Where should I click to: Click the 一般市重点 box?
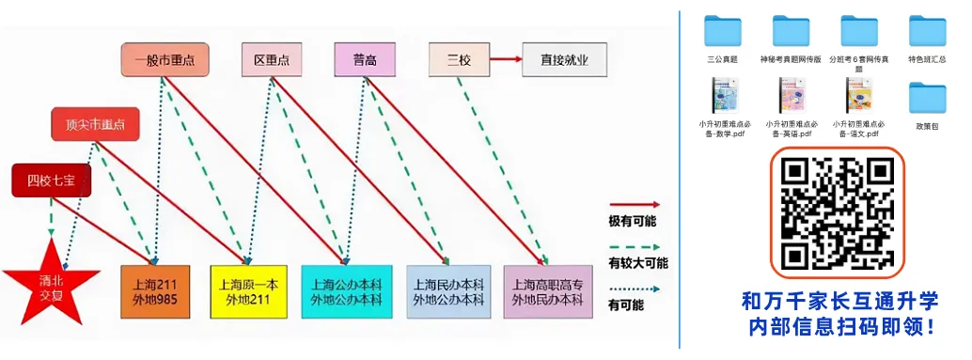(x=165, y=60)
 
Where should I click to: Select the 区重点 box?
(x=271, y=60)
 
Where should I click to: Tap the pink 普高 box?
(x=365, y=60)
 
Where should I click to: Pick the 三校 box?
(x=459, y=60)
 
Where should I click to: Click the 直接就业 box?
(x=564, y=60)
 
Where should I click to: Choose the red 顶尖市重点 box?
(x=95, y=124)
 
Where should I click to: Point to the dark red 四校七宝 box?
(x=52, y=180)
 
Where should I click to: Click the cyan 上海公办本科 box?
(x=345, y=291)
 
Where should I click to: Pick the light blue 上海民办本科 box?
(x=448, y=291)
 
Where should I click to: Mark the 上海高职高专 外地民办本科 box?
(x=547, y=291)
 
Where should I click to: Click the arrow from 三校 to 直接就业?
(x=503, y=60)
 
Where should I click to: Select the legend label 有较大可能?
(x=638, y=263)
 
